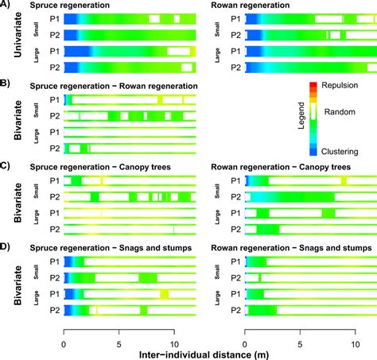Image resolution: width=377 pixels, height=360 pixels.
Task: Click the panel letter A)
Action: pos(6,5)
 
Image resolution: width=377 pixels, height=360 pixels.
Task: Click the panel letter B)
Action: pos(6,83)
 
